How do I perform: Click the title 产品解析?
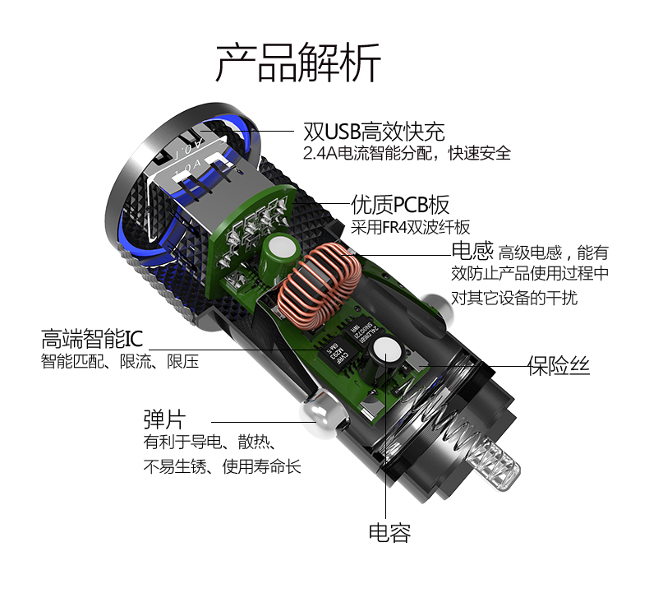tap(298, 63)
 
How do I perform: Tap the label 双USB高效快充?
tap(374, 132)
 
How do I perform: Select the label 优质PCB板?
tap(400, 204)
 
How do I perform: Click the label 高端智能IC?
tap(92, 338)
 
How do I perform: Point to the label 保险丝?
tap(559, 365)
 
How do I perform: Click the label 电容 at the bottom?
tap(389, 532)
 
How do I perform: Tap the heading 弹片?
tap(165, 419)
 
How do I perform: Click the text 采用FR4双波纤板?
tap(411, 227)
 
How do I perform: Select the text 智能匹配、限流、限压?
tap(120, 361)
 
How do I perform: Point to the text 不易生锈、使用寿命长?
tap(223, 467)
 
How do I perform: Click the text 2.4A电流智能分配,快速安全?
tap(407, 153)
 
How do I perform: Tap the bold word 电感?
tap(472, 251)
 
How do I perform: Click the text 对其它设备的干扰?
tap(513, 298)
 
